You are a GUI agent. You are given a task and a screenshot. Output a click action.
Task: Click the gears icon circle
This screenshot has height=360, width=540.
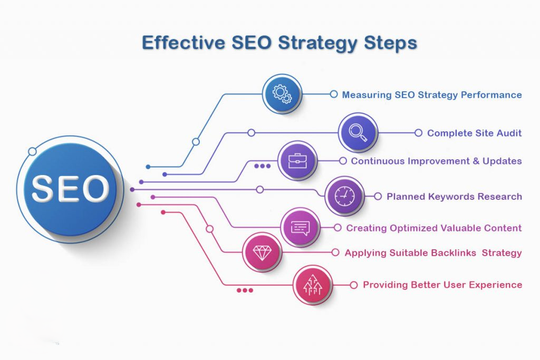282,94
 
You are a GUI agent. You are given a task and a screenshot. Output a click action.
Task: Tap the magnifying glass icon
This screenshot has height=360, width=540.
358,132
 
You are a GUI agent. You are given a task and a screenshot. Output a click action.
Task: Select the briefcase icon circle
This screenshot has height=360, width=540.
297,160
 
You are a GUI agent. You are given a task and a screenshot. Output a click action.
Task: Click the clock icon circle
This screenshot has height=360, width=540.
344,196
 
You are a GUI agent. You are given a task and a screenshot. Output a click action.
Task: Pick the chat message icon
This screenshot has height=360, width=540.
300,227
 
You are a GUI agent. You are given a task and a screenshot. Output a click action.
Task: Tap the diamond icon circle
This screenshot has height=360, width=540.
262,252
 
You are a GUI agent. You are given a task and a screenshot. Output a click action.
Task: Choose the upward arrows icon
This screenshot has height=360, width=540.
313,285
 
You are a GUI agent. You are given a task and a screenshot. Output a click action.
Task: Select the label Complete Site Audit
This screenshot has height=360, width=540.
474,133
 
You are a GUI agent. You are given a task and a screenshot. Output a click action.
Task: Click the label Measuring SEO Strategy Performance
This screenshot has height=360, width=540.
431,95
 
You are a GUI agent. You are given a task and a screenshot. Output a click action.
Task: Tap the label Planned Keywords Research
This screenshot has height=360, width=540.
454,197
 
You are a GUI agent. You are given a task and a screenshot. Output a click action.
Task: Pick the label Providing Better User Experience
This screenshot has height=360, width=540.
442,285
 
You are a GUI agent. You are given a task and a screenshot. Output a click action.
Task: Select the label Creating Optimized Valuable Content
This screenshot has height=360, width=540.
433,228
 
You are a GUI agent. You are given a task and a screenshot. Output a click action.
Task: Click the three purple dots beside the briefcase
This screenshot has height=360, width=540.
262,166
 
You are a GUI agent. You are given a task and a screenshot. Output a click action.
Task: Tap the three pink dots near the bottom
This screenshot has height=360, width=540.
245,290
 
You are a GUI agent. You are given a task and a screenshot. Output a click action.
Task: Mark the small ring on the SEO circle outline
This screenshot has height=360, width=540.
32,152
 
